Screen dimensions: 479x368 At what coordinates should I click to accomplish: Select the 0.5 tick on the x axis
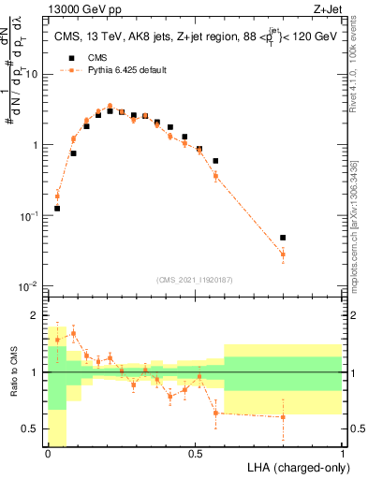pyautogui.click(x=195, y=453)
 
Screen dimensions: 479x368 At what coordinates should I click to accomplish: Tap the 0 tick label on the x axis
pyautogui.click(x=48, y=453)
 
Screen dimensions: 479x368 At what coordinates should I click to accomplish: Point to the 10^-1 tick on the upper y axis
pyautogui.click(x=30, y=215)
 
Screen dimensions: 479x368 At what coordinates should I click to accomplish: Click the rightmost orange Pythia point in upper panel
pyautogui.click(x=283, y=254)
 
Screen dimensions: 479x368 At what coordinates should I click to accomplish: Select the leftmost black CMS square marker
pyautogui.click(x=57, y=209)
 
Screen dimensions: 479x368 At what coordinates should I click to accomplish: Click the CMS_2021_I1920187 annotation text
pyautogui.click(x=195, y=279)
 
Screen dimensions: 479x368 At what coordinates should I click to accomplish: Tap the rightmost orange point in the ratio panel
pyautogui.click(x=283, y=417)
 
